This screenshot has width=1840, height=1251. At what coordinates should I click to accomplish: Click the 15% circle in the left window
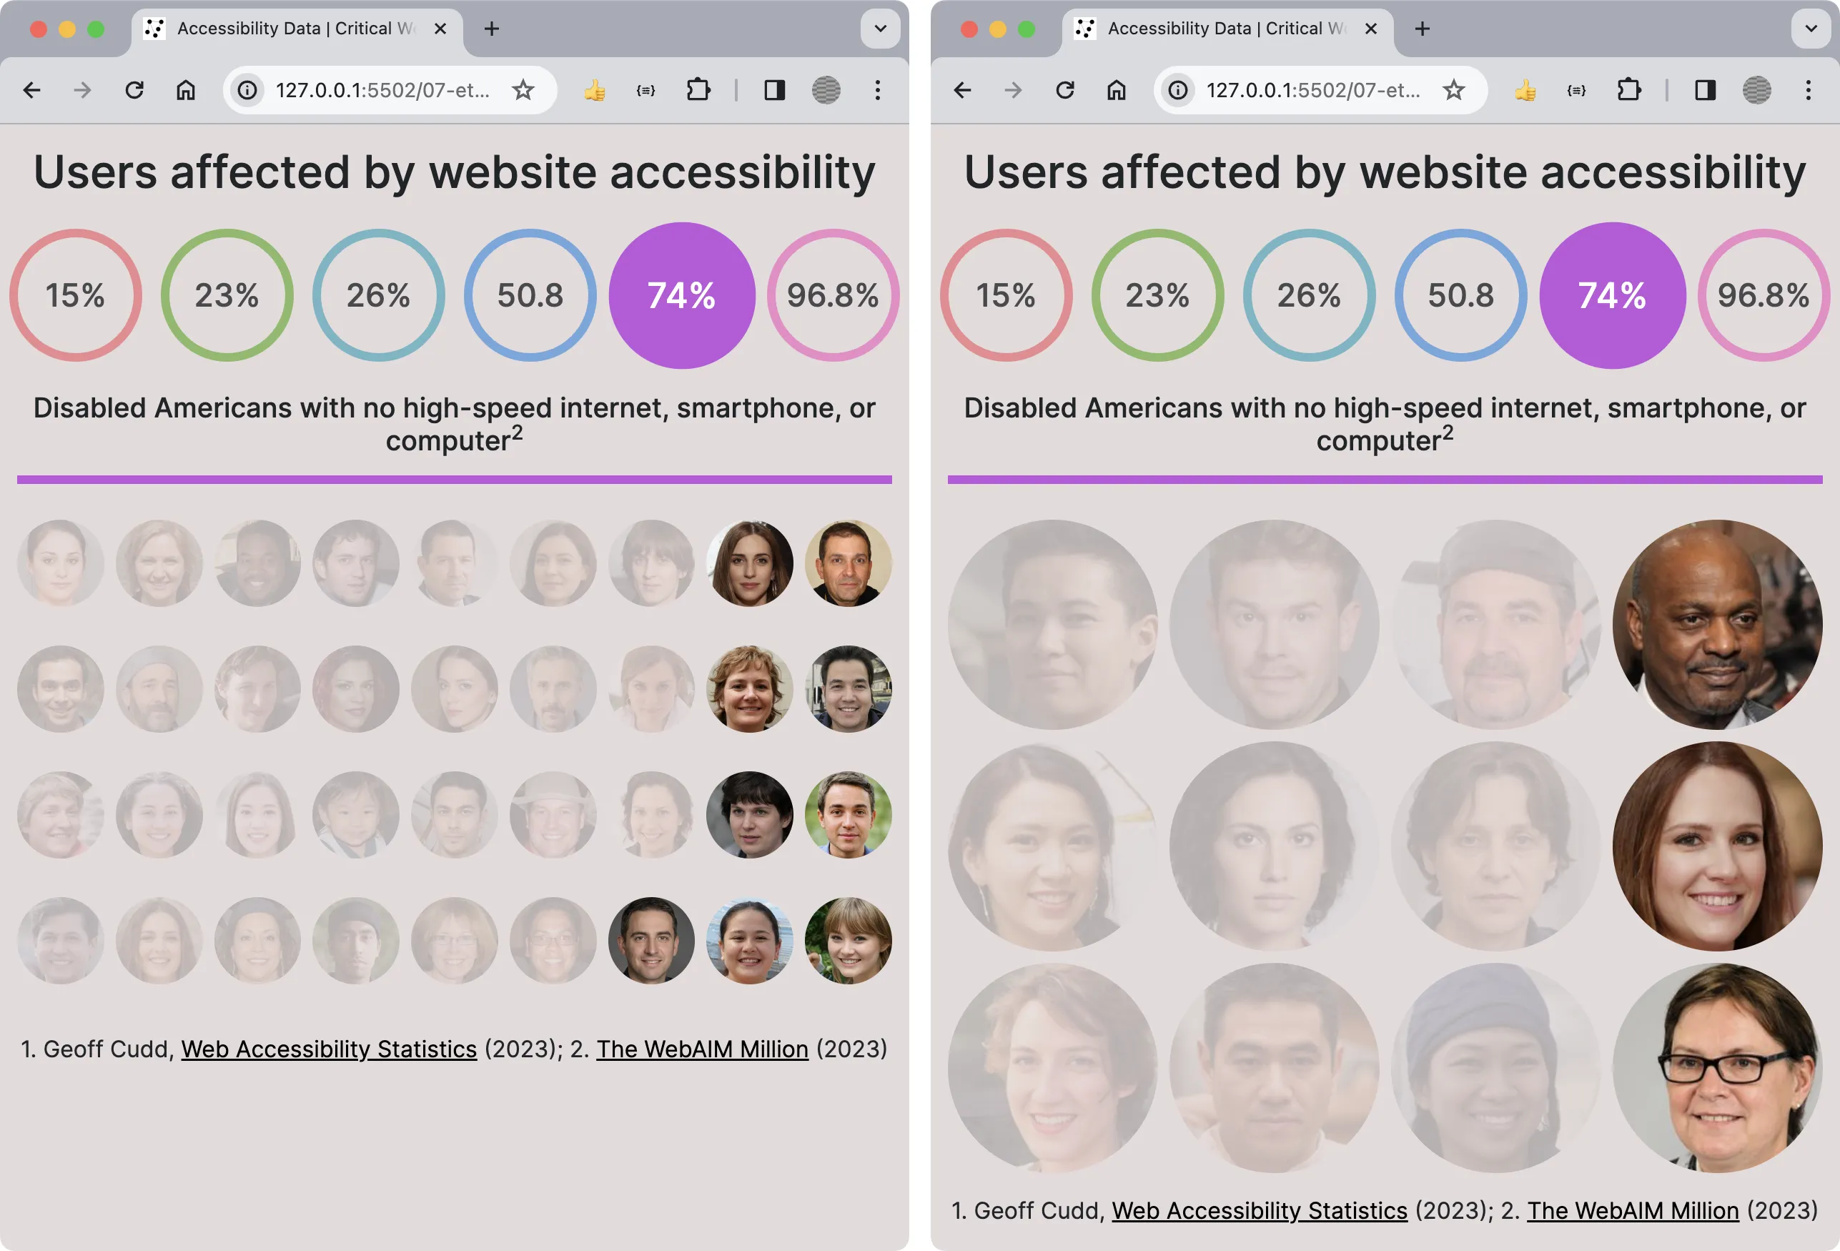(75, 295)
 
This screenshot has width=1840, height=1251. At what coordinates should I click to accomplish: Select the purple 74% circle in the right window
(1612, 295)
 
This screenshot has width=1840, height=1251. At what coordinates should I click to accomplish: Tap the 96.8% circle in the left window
(832, 295)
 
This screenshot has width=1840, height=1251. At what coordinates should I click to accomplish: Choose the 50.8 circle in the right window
(1460, 295)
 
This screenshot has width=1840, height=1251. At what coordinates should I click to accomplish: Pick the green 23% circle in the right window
(1157, 295)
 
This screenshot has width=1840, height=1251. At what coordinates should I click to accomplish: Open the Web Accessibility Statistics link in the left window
(329, 1049)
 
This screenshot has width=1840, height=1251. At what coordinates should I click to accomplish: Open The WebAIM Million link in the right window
(1633, 1211)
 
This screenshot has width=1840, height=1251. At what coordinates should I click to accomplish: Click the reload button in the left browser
(134, 90)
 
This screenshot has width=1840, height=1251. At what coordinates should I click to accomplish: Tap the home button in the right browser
(1117, 90)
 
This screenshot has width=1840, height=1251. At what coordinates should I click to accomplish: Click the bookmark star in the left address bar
(523, 90)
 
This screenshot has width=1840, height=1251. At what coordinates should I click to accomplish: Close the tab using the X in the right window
(1371, 29)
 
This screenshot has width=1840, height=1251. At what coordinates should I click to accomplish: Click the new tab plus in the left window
(492, 29)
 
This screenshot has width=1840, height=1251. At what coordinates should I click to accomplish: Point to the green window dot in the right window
(1026, 29)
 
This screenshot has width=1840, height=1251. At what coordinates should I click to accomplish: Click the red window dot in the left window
(38, 29)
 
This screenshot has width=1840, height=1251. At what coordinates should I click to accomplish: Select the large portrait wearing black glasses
(1716, 1067)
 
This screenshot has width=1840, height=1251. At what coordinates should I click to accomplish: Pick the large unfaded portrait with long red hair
(1716, 846)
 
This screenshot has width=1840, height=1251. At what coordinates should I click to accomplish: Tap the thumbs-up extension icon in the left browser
(595, 90)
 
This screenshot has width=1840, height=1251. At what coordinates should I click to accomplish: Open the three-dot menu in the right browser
(1808, 90)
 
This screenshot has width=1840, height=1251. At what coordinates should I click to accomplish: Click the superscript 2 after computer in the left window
(517, 432)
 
